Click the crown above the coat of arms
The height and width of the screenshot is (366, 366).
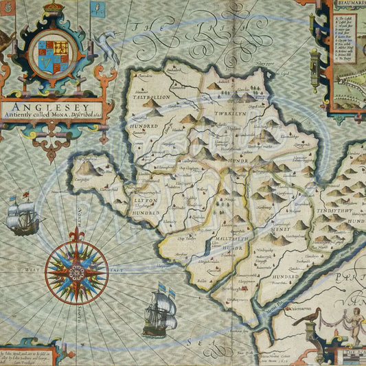(53, 10)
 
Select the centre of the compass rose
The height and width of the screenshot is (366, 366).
(76, 272)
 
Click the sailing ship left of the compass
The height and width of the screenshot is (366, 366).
(22, 215)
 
